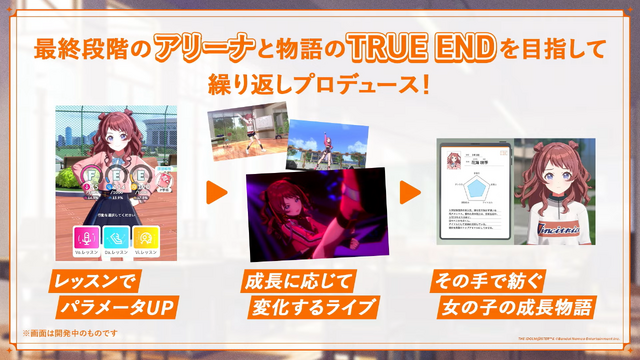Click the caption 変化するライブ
coord(310,303)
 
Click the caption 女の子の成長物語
coord(516,303)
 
